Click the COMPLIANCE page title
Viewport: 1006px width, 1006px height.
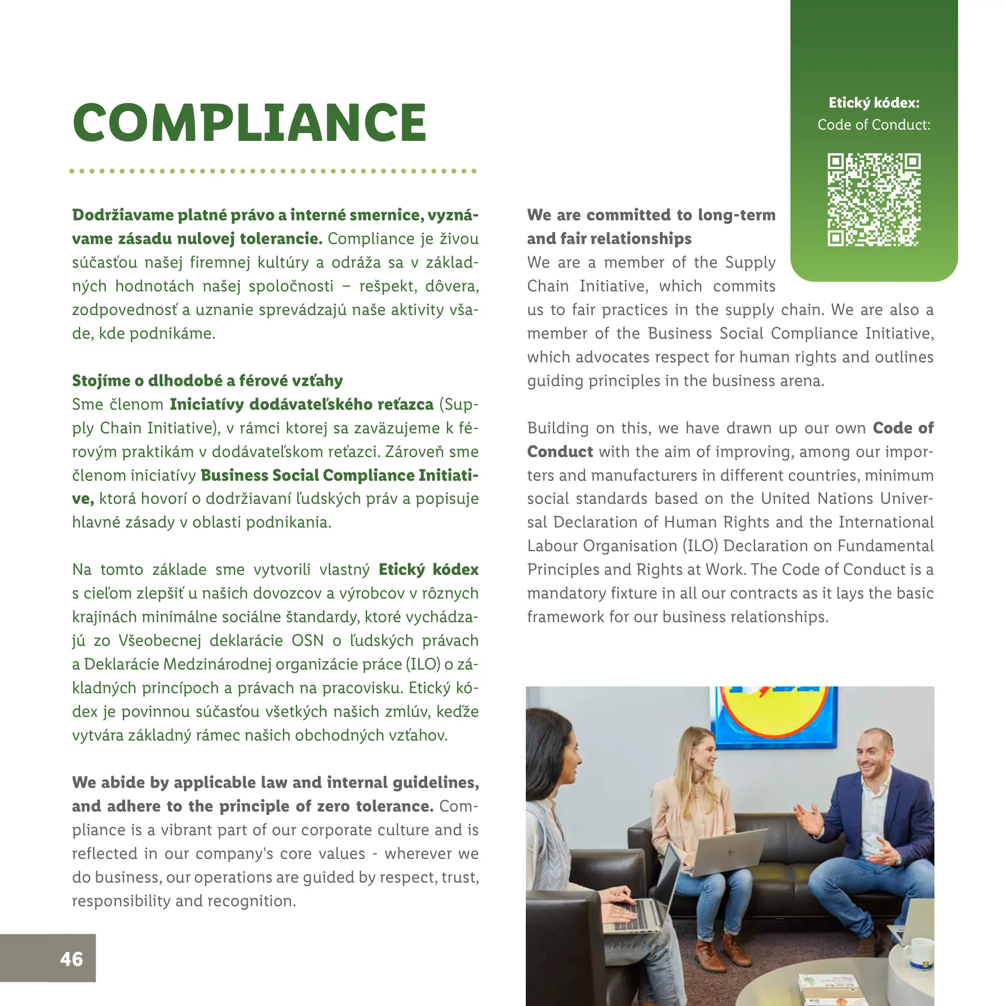[x=250, y=123]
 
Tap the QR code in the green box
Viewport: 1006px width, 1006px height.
[x=874, y=200]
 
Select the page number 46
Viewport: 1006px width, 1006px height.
[x=71, y=959]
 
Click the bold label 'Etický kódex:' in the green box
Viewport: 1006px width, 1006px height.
[x=874, y=103]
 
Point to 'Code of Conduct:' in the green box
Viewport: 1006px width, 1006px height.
[x=874, y=125]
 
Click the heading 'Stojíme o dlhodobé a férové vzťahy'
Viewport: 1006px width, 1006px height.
[x=207, y=380]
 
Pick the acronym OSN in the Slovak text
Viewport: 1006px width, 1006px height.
[x=308, y=640]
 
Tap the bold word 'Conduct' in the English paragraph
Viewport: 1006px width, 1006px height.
[x=560, y=451]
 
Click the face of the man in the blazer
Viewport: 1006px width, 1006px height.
[x=871, y=761]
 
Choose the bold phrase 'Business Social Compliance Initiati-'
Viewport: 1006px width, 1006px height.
[x=339, y=475]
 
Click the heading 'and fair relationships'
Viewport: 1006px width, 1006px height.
[x=609, y=238]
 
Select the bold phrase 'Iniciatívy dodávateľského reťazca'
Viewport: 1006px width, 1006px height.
[x=302, y=404]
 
